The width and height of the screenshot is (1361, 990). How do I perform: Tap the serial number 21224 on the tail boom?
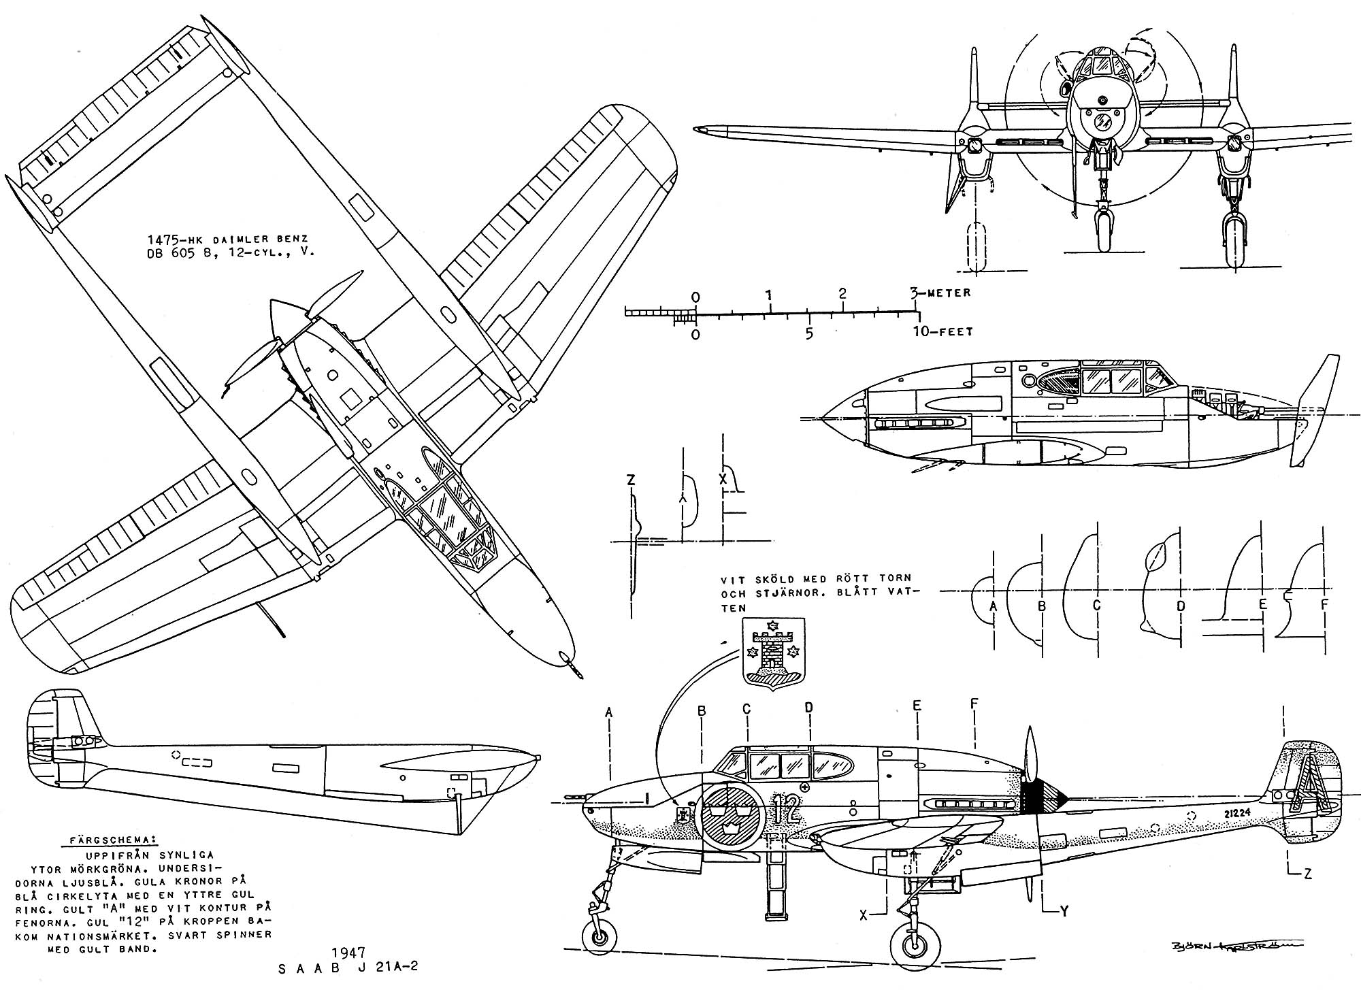coord(1225,812)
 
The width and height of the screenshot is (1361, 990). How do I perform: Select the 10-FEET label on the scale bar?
coord(943,332)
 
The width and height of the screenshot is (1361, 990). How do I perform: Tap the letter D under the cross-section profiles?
coord(1181,606)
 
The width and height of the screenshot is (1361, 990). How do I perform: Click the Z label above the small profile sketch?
coord(631,480)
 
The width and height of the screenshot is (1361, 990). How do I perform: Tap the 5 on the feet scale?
coord(808,334)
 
